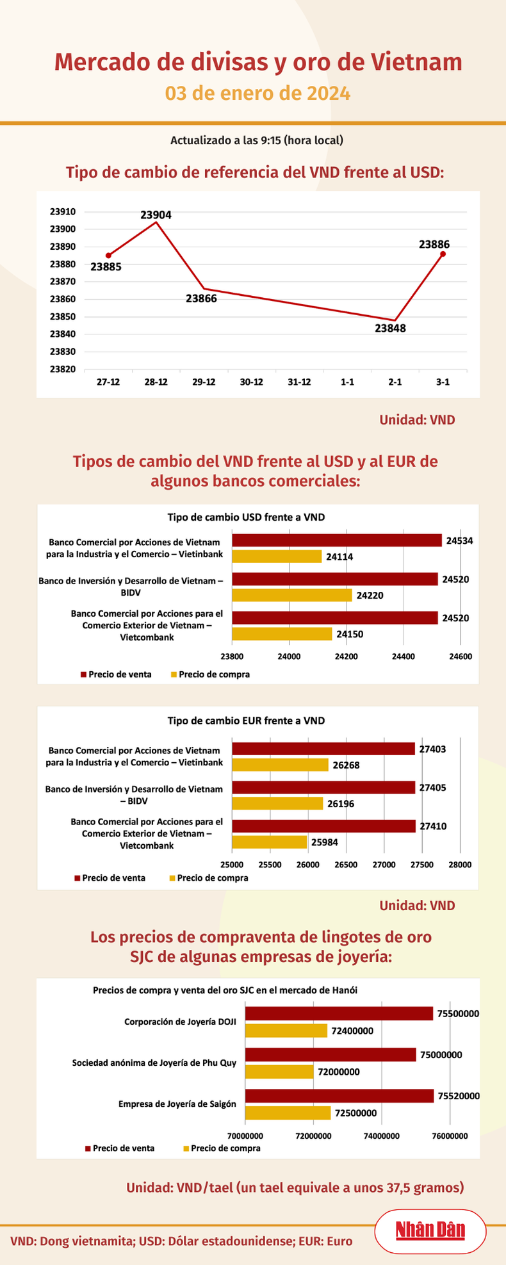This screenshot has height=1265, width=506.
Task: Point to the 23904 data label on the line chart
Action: (x=156, y=215)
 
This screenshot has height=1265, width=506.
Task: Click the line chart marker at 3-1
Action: (x=443, y=254)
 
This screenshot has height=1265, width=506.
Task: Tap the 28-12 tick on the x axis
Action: (x=156, y=382)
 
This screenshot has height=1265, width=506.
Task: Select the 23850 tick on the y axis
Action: (x=63, y=316)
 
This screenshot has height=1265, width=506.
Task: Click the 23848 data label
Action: (x=390, y=329)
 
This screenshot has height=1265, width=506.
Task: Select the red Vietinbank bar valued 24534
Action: (x=336, y=541)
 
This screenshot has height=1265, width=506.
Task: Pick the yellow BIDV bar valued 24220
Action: (x=291, y=595)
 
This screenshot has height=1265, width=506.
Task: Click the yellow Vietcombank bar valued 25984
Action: (x=269, y=842)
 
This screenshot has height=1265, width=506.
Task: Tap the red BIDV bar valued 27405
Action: (x=323, y=787)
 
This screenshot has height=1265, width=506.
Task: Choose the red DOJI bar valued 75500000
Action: (x=339, y=1013)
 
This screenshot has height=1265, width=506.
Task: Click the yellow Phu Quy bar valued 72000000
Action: (x=280, y=1072)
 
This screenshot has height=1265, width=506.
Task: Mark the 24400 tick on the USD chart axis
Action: (x=404, y=656)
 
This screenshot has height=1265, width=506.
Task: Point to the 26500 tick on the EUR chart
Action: (x=346, y=864)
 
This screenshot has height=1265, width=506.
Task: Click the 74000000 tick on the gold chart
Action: (x=382, y=1136)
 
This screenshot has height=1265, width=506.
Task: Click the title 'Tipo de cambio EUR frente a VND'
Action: (x=246, y=721)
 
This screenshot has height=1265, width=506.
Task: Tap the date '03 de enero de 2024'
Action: (x=257, y=94)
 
